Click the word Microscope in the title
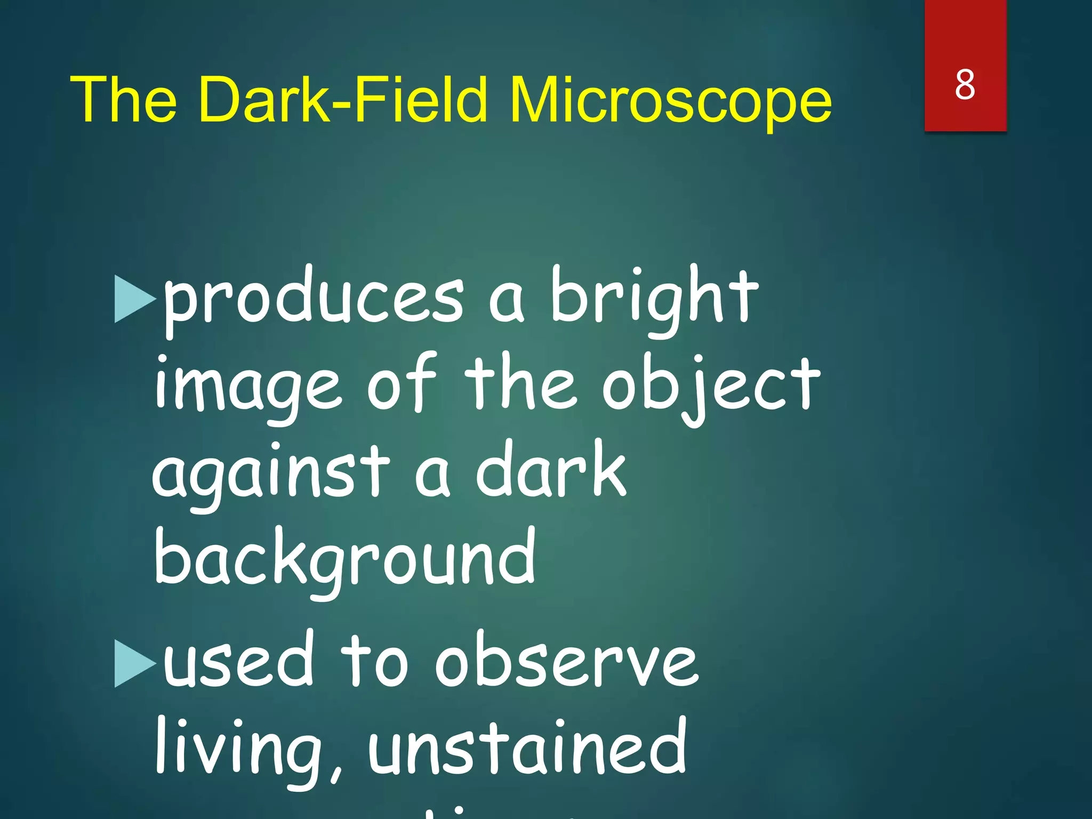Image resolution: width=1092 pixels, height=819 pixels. pos(670,100)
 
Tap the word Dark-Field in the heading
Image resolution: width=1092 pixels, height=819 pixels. pos(343,100)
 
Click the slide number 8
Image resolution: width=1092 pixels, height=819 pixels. pos(965,85)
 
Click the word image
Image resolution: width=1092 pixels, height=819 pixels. pos(247,387)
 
